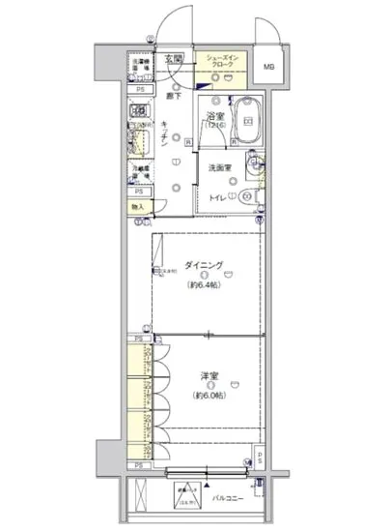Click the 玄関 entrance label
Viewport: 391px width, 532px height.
click(x=174, y=59)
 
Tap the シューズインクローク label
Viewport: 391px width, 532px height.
click(x=224, y=64)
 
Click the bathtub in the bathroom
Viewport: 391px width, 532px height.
click(x=248, y=123)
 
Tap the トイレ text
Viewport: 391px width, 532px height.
click(x=217, y=199)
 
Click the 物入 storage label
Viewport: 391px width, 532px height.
click(x=137, y=206)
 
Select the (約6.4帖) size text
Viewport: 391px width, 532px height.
click(x=205, y=285)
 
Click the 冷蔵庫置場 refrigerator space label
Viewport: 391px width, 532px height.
click(x=140, y=170)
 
